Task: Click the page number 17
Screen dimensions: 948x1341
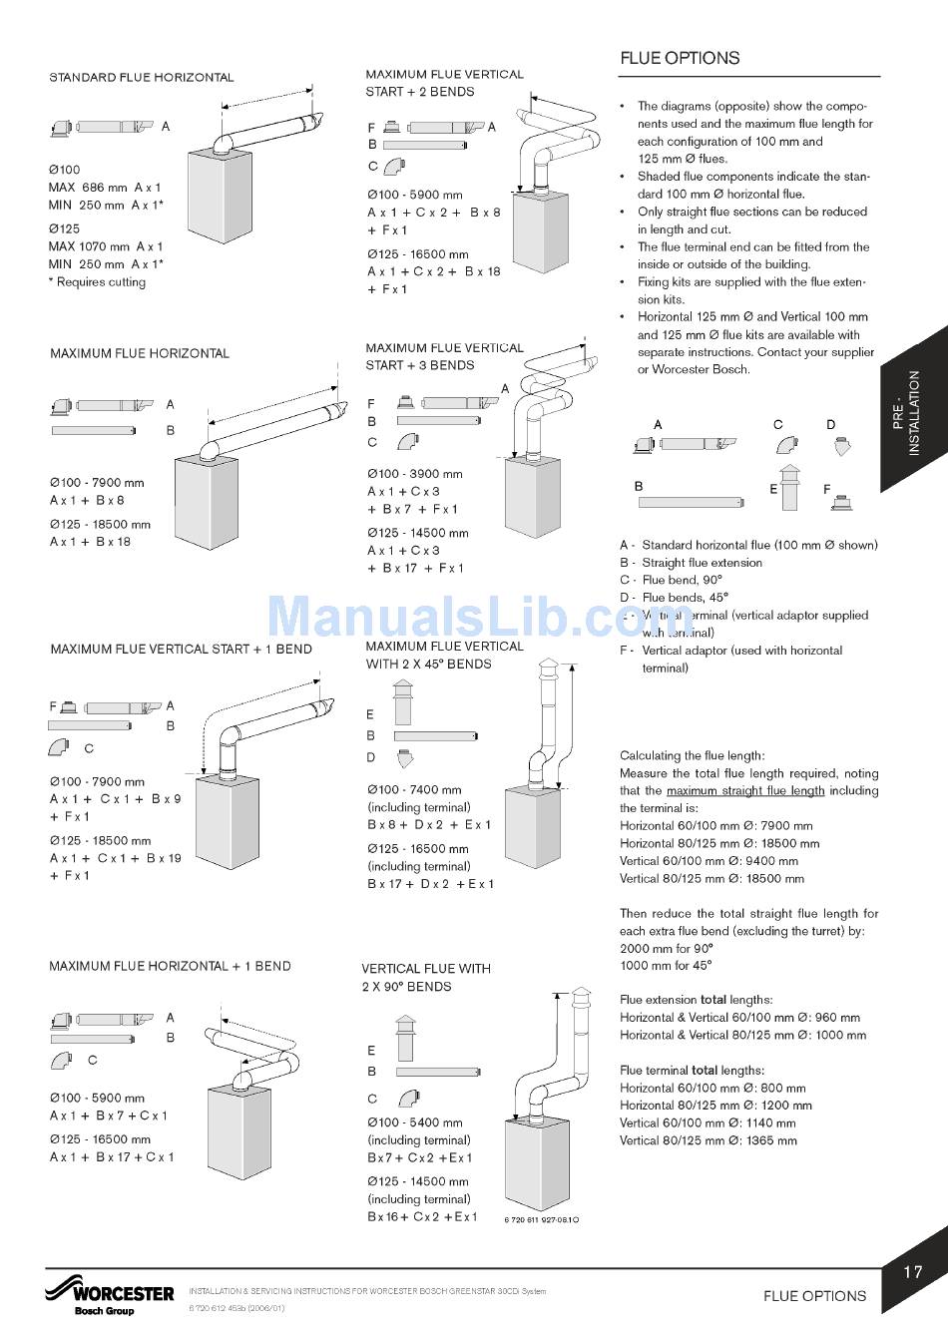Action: coord(912,1271)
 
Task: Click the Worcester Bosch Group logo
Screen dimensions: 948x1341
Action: coord(109,1295)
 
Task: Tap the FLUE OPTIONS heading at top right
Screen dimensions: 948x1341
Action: coord(680,58)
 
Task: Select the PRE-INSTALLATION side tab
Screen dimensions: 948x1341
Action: coord(913,412)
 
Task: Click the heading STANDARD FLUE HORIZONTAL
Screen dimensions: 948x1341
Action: coord(142,77)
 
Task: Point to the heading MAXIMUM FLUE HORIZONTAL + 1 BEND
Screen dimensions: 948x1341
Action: coord(170,966)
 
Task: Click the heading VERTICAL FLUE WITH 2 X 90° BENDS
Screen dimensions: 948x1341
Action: coord(426,977)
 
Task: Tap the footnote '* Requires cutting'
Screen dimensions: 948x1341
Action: coord(97,282)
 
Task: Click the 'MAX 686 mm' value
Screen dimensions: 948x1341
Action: coord(88,188)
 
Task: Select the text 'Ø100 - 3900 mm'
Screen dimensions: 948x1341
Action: coord(414,474)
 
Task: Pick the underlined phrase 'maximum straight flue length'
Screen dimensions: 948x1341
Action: coord(745,791)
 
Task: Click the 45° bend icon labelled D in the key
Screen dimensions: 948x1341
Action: coord(841,445)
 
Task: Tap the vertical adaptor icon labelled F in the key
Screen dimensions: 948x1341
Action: coord(842,500)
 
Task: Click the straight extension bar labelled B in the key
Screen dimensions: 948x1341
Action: coord(692,502)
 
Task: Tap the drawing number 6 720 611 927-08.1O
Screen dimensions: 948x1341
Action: coord(542,1220)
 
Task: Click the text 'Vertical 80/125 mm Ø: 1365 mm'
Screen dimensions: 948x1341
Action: coord(708,1140)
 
